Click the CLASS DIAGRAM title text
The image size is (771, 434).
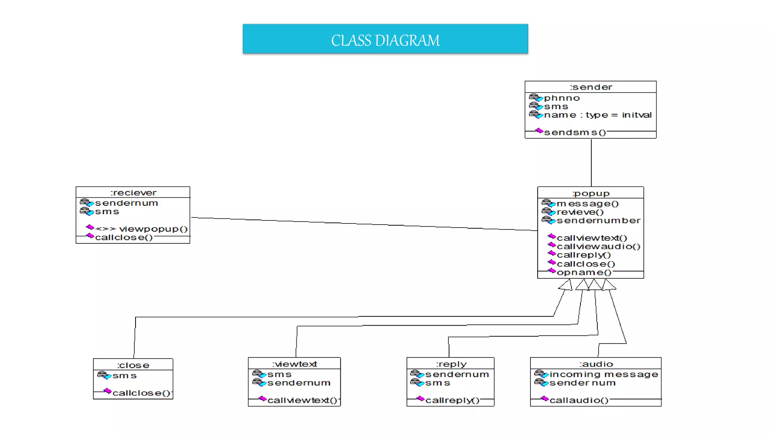tap(385, 40)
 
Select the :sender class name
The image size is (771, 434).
tap(591, 87)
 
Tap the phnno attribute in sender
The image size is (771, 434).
tap(562, 98)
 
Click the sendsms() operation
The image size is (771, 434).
tap(575, 133)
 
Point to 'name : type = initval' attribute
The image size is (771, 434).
tap(597, 115)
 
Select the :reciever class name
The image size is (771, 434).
tap(133, 193)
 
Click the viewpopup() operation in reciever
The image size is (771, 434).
tap(153, 229)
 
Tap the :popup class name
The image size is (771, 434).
tap(591, 193)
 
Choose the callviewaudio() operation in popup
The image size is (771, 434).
tap(598, 246)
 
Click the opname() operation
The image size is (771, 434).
tap(584, 272)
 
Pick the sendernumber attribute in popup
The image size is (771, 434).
tap(598, 220)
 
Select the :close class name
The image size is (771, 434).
tap(133, 365)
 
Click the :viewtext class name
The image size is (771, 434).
tap(294, 364)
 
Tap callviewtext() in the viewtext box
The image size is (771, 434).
tap(302, 400)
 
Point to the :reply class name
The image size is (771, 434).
tap(451, 364)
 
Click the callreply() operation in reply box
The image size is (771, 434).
tap(452, 400)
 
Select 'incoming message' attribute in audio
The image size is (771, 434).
tap(603, 374)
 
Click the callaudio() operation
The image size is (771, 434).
tap(579, 400)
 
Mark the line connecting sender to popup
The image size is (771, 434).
tap(591, 162)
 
